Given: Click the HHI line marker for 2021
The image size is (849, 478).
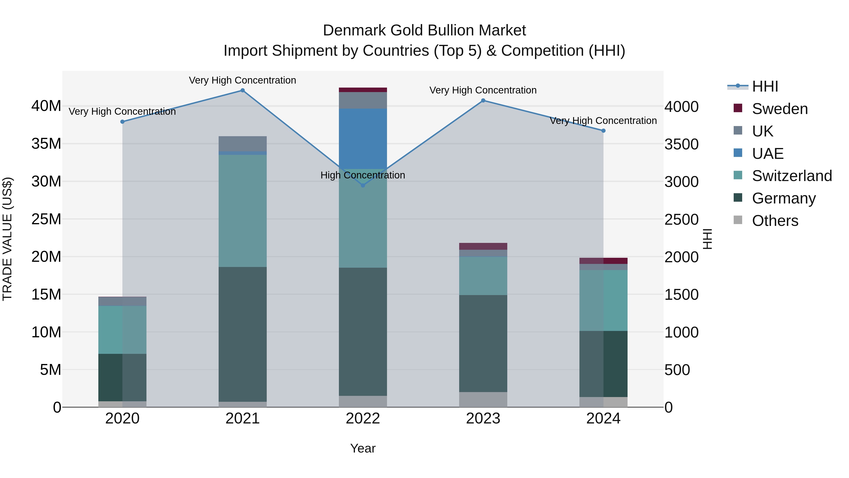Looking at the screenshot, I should point(243,90).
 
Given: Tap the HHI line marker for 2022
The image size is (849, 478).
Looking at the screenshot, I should point(363,185).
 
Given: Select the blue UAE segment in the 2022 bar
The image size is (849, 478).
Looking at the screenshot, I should point(363,139).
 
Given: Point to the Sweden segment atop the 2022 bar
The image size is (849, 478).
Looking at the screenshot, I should point(363,90).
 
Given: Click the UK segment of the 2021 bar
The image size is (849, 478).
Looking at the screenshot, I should point(243,144).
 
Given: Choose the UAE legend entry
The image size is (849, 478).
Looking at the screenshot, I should point(768,154).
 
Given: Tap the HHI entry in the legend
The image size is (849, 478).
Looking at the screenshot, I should point(765,86).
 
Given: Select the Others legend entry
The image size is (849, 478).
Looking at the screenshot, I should point(775,221).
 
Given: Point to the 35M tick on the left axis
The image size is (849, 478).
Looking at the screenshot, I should point(46,144).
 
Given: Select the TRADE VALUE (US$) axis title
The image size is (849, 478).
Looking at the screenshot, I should point(7,239).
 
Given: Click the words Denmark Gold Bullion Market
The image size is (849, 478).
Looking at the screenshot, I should point(424,30).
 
